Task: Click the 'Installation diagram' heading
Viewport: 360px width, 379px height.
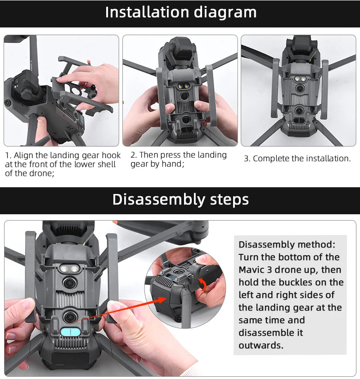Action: (x=180, y=12)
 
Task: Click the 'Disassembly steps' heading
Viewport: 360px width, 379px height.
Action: (x=180, y=199)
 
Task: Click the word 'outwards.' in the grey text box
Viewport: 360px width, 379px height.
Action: (x=261, y=345)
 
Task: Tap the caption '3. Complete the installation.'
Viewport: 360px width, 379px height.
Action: (x=297, y=158)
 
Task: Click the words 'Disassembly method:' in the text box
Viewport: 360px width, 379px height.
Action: (x=287, y=244)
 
